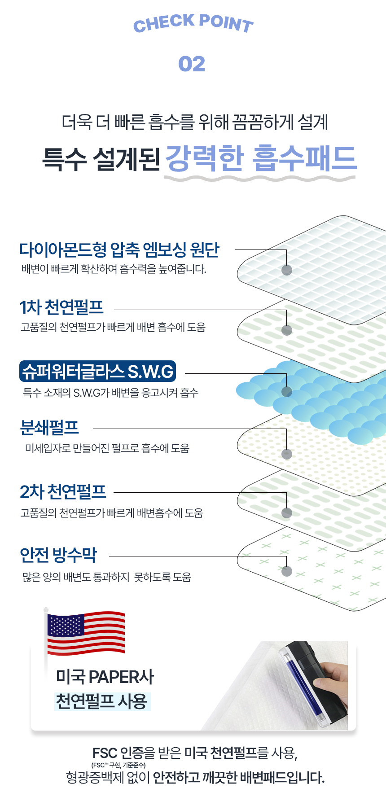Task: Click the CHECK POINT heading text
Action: (193, 23)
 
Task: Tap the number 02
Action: (192, 64)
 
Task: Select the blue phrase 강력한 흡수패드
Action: (261, 158)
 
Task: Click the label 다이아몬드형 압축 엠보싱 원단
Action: (119, 250)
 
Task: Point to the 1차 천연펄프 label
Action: (61, 307)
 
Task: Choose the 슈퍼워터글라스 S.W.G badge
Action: (98, 371)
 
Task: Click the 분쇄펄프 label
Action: (49, 428)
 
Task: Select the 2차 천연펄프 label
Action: (63, 492)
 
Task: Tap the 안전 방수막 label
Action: (58, 555)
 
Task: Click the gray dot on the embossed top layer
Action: (286, 270)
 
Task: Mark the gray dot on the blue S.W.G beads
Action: (286, 392)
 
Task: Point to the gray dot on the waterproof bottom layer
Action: (286, 571)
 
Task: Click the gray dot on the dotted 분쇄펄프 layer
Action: (286, 454)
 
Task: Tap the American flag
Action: (86, 633)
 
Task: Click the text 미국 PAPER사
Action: (105, 677)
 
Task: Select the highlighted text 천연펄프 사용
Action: (101, 701)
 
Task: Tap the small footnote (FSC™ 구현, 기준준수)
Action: (118, 765)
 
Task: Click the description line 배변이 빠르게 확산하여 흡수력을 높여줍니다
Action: (114, 269)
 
